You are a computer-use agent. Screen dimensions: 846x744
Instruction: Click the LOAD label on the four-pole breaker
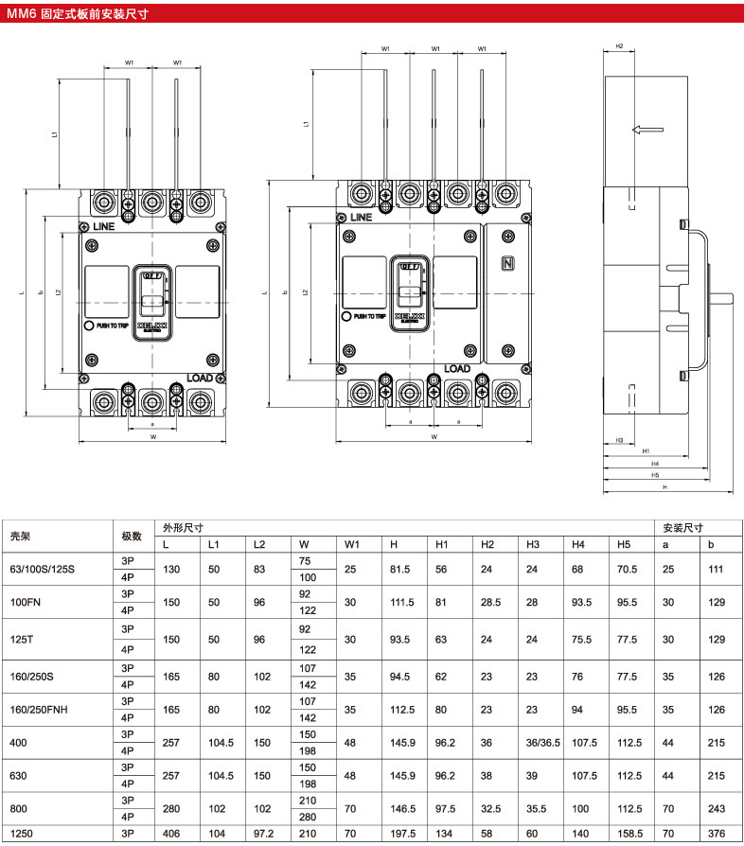[x=456, y=368]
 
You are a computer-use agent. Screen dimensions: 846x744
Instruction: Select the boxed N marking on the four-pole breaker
[x=507, y=264]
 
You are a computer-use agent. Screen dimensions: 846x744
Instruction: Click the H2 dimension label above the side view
[x=619, y=45]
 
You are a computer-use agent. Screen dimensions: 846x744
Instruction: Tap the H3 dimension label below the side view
[x=619, y=440]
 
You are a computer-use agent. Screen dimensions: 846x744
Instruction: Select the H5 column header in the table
[x=624, y=544]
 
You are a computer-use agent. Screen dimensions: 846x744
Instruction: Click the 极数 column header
[x=132, y=536]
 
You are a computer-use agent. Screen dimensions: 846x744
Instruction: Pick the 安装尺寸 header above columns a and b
[x=682, y=528]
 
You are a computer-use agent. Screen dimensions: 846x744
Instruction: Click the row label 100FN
[x=25, y=603]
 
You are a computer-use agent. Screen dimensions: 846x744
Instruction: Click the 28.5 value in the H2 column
[x=489, y=603]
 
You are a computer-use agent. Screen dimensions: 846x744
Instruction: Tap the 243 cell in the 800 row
[x=718, y=809]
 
